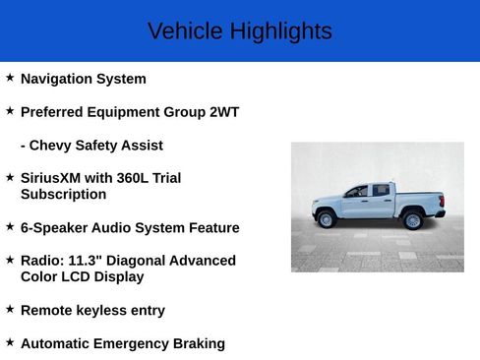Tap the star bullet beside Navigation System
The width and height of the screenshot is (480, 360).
click(10, 77)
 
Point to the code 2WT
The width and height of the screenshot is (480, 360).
click(224, 112)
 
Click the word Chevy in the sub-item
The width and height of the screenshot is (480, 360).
click(50, 146)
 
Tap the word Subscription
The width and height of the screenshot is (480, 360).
click(63, 195)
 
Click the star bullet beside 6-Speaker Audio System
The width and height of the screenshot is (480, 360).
click(10, 226)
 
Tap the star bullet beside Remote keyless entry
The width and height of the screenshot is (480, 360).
click(10, 309)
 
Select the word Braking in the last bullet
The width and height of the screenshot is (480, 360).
click(198, 343)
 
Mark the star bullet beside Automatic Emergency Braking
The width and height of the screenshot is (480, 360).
click(10, 341)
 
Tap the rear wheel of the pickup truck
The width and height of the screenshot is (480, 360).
click(413, 219)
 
